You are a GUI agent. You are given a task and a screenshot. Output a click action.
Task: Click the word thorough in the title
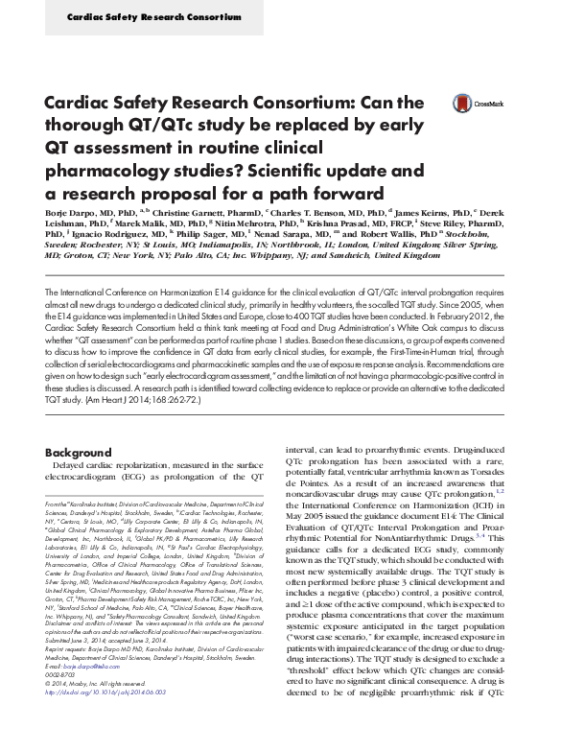(x=78, y=125)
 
